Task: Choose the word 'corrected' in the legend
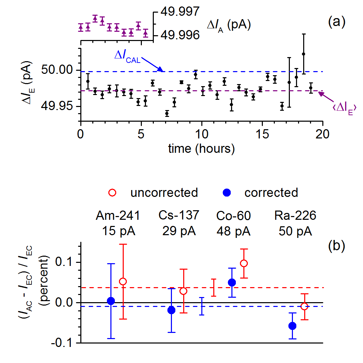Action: pyautogui.click(x=271, y=192)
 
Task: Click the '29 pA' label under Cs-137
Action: pyautogui.click(x=179, y=231)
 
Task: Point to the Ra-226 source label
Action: pyautogui.click(x=295, y=216)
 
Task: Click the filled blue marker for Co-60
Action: pyautogui.click(x=232, y=282)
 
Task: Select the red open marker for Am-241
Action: pyautogui.click(x=123, y=281)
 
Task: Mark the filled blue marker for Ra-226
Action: pyautogui.click(x=292, y=326)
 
